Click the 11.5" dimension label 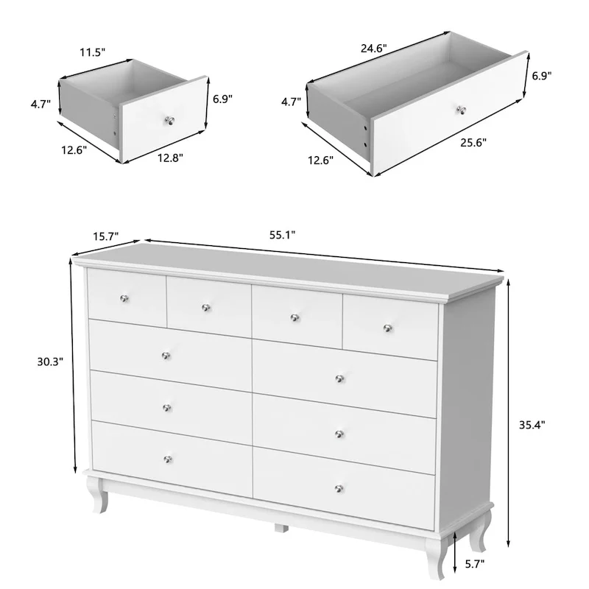[x=94, y=52]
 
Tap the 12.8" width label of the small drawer [x=170, y=157]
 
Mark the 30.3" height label [x=51, y=361]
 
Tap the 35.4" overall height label [x=531, y=424]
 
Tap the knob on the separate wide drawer [x=462, y=110]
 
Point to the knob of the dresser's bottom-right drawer [x=339, y=487]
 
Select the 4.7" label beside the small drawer [x=40, y=105]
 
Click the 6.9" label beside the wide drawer [x=541, y=74]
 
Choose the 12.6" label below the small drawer [x=74, y=149]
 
